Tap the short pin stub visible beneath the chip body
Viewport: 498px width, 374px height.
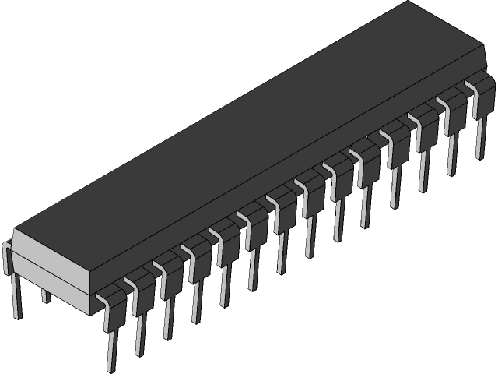(x=44, y=295)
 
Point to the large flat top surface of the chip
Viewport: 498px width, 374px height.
(x=257, y=132)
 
